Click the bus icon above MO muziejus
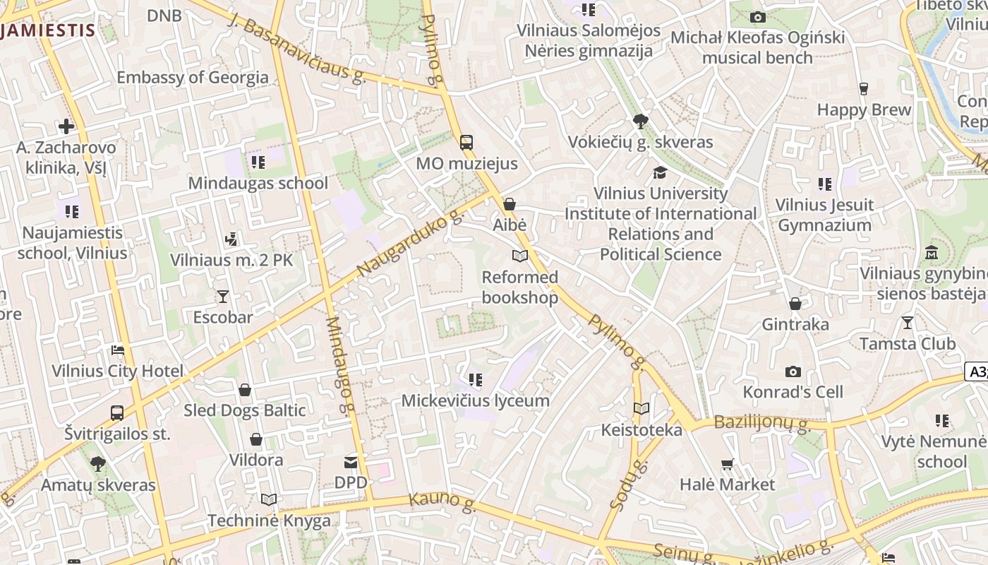pyautogui.click(x=466, y=142)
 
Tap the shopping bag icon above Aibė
pyautogui.click(x=510, y=204)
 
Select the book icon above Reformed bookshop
pyautogui.click(x=520, y=256)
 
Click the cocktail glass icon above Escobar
pyautogui.click(x=223, y=296)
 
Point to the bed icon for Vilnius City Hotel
pyautogui.click(x=117, y=350)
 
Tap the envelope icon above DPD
pyautogui.click(x=351, y=463)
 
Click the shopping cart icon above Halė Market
pyautogui.click(x=728, y=464)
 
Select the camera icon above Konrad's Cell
pyautogui.click(x=793, y=371)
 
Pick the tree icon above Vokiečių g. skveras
pyautogui.click(x=641, y=121)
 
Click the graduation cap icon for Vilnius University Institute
pyautogui.click(x=660, y=172)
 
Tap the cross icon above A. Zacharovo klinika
pyautogui.click(x=66, y=126)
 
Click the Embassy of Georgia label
pyautogui.click(x=193, y=77)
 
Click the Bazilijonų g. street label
pyautogui.click(x=761, y=424)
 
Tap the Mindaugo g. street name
pyautogui.click(x=339, y=364)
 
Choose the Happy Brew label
pyautogui.click(x=864, y=109)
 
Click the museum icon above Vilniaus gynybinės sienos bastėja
pyautogui.click(x=931, y=252)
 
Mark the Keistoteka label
pyautogui.click(x=641, y=429)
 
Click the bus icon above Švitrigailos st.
pyautogui.click(x=117, y=412)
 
